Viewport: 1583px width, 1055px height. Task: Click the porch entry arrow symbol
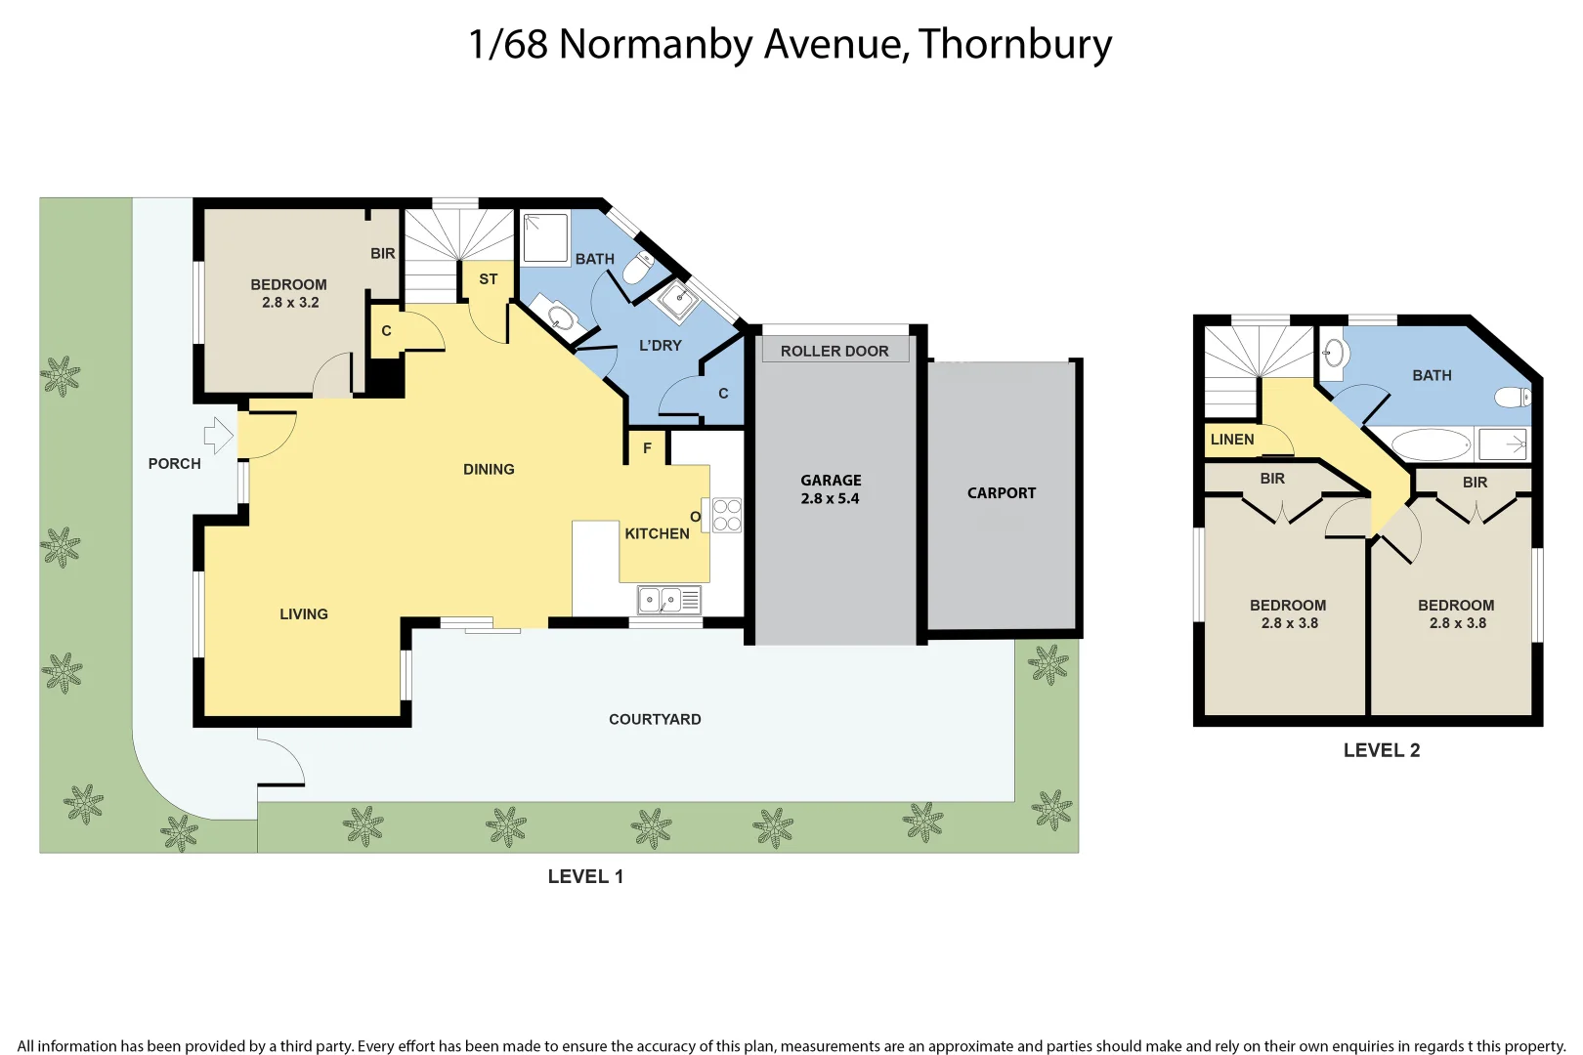218,435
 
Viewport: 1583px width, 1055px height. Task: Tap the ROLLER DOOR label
834,351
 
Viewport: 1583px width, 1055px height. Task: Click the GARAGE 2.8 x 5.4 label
831,489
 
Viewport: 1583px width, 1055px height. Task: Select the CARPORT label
1002,493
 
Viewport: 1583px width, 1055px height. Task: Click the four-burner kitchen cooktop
726,515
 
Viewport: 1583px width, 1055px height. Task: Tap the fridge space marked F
647,448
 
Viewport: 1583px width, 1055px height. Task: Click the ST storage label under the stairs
489,279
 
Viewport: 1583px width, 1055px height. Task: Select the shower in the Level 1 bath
545,238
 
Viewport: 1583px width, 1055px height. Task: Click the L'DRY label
661,346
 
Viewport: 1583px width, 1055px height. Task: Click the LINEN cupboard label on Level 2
1232,440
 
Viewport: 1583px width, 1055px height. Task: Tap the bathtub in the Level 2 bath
1431,445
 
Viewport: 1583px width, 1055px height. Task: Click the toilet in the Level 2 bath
1513,397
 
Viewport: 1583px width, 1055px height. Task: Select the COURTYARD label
655,720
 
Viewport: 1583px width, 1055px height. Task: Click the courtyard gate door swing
281,762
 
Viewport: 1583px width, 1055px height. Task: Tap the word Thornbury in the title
1014,45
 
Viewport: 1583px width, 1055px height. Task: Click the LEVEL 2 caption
1381,750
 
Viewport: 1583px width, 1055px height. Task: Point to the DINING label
489,470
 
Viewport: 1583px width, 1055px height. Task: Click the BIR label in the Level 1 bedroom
383,254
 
